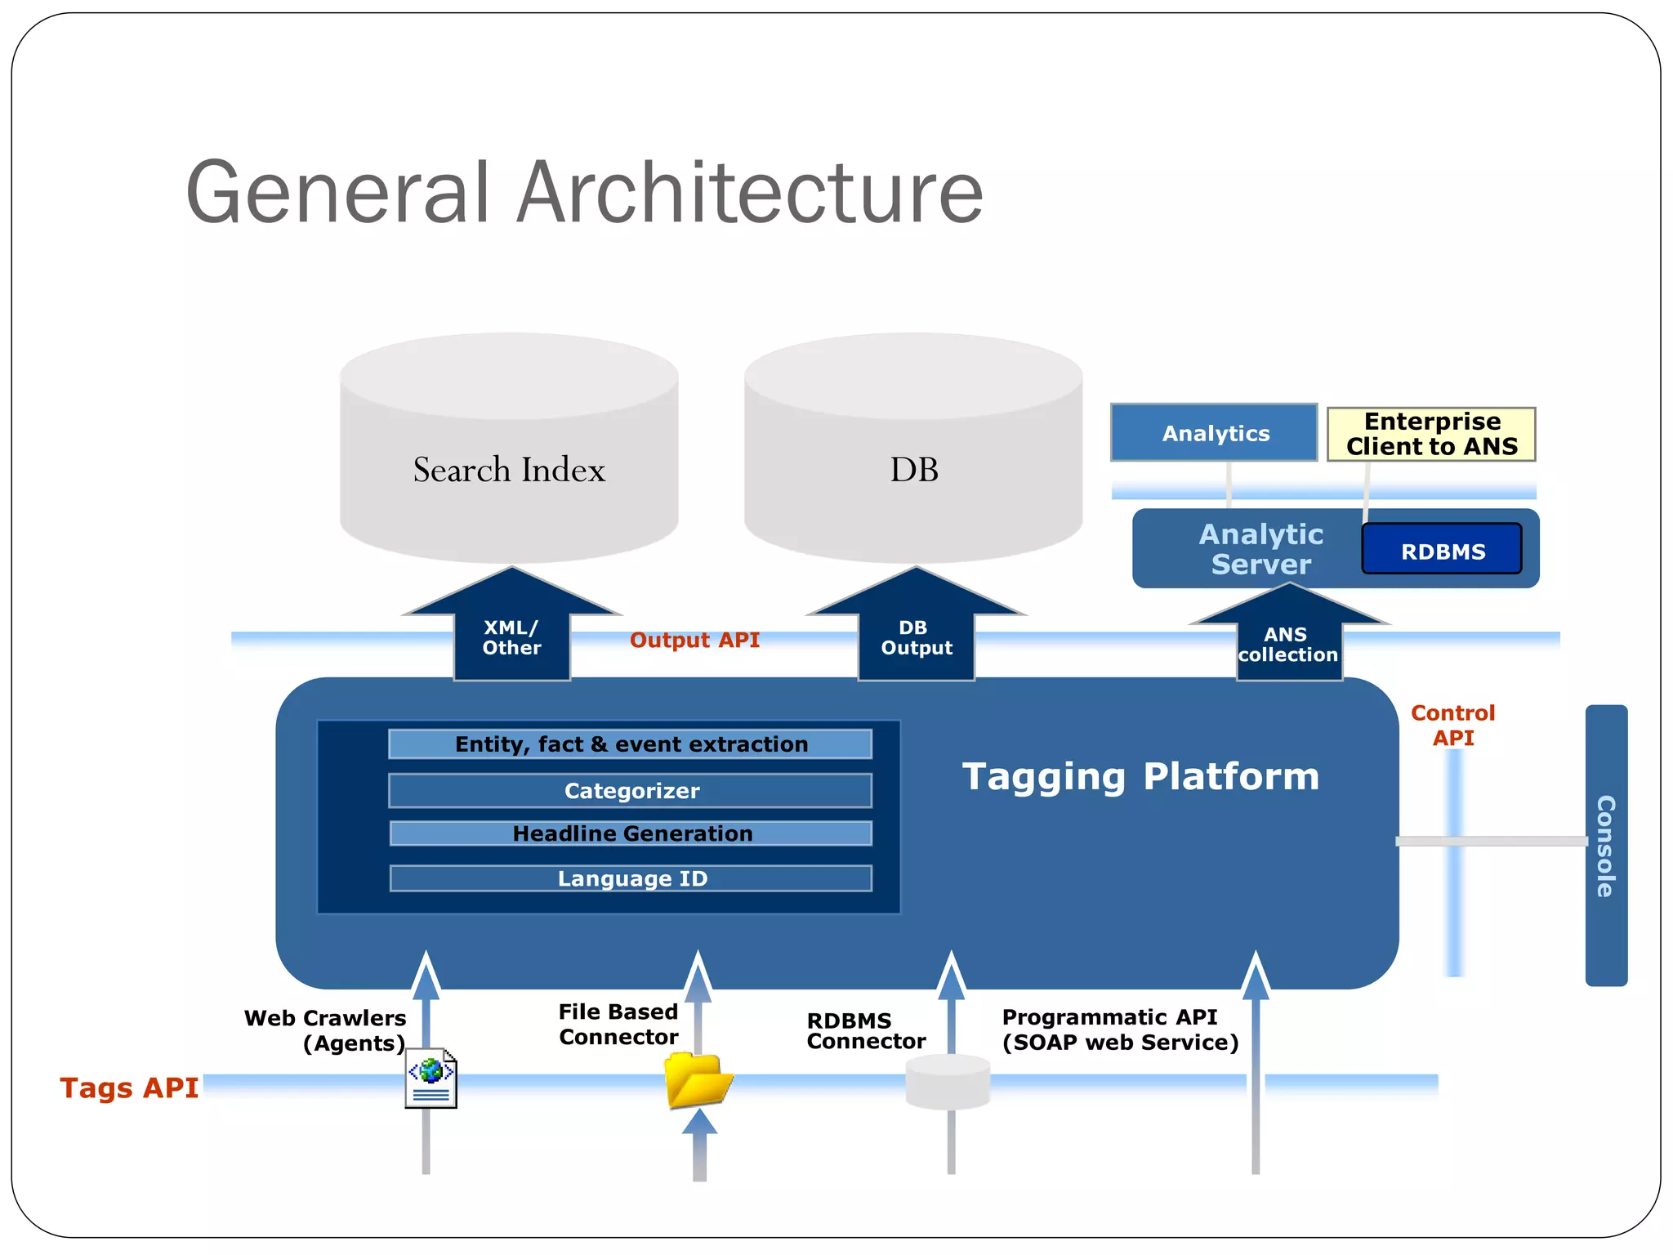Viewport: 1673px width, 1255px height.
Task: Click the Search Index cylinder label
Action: [x=509, y=470]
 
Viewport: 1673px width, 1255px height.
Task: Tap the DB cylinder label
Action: [x=913, y=470]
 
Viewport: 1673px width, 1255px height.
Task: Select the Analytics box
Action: [x=1214, y=433]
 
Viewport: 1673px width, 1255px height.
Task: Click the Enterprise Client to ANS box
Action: [x=1431, y=434]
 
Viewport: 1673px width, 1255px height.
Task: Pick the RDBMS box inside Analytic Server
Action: [x=1442, y=551]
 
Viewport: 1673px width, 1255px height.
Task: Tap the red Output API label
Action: [x=694, y=640]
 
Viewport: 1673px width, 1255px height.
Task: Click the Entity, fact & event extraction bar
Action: [x=631, y=744]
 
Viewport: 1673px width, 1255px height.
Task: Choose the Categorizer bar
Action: [x=631, y=790]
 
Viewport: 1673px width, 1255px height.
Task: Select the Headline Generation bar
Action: [x=631, y=833]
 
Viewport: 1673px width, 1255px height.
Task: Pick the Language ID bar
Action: [x=631, y=878]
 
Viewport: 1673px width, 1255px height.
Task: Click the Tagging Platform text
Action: [x=1140, y=776]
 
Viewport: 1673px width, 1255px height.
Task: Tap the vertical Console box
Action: [x=1605, y=845]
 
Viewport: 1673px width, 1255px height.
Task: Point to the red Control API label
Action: [x=1452, y=725]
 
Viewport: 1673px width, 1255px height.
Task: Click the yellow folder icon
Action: [x=697, y=1079]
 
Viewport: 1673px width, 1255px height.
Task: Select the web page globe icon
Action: [x=431, y=1078]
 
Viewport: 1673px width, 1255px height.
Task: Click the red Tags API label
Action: [x=129, y=1088]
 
